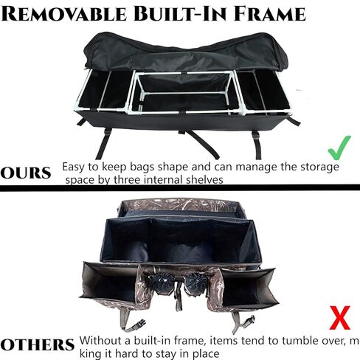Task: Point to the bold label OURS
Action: coord(27,175)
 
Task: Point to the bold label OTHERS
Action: coord(37,345)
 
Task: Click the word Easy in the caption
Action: coord(75,167)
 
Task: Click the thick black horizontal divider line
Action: coord(180,190)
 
